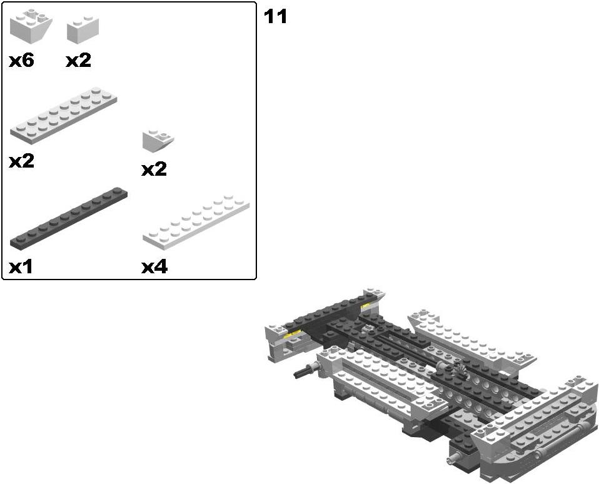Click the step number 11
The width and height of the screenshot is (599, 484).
tap(275, 17)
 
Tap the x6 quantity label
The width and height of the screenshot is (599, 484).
tap(21, 61)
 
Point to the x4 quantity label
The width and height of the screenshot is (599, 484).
tap(154, 267)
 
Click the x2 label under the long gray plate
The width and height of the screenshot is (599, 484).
tap(21, 161)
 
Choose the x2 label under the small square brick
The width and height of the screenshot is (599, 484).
tap(78, 61)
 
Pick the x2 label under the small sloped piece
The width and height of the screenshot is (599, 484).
tap(154, 169)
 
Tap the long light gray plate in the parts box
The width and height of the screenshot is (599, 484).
tap(63, 115)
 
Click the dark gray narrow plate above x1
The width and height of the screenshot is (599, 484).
tap(69, 218)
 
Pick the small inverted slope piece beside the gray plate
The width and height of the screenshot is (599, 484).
tap(158, 141)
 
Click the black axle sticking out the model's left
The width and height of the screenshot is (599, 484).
tap(304, 371)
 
